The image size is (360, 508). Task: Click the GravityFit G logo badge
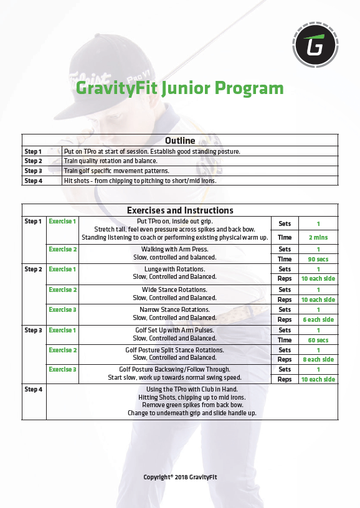click(315, 45)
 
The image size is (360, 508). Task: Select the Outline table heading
click(180, 141)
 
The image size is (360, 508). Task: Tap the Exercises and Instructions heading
click(180, 210)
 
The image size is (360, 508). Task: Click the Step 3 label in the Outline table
click(33, 171)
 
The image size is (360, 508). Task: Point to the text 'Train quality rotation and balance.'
click(110, 161)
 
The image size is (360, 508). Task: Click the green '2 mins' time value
click(318, 237)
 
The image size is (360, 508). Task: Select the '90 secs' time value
click(318, 259)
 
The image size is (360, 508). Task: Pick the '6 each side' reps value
click(318, 319)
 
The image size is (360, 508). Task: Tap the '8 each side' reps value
click(318, 359)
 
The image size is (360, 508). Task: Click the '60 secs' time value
click(318, 340)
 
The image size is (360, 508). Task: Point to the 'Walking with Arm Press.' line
click(176, 249)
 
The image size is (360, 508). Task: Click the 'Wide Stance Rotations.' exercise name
click(176, 289)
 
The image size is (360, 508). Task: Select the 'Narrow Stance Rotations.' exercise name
click(176, 309)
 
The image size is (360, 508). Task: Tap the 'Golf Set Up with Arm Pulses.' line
click(176, 330)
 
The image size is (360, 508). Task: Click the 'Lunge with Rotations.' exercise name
click(176, 270)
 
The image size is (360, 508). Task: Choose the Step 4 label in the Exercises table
click(33, 390)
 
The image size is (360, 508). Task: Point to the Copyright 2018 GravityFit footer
click(180, 477)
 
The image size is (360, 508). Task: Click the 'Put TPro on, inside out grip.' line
click(176, 221)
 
